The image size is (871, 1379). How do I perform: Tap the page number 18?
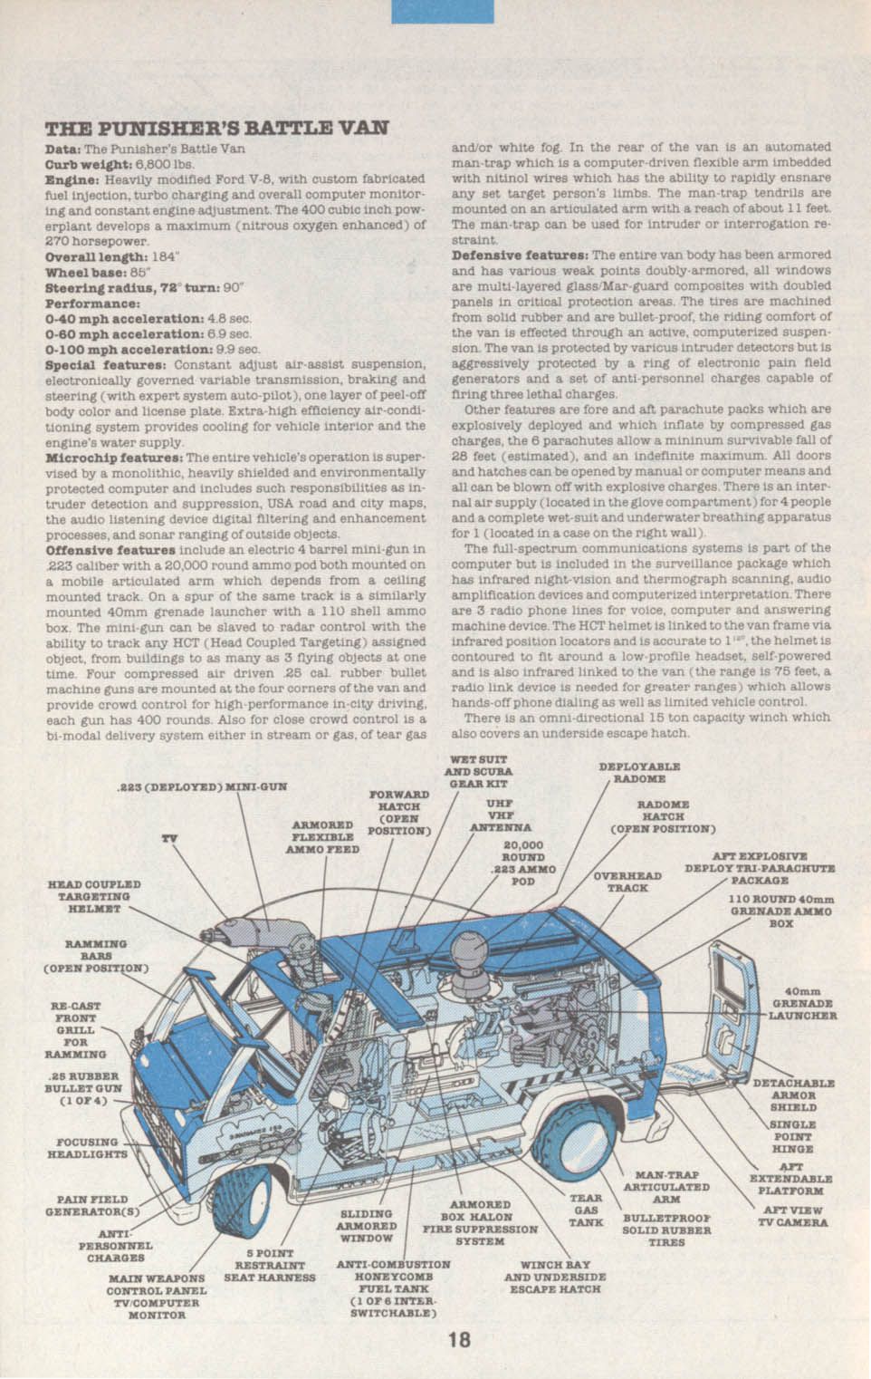[459, 1338]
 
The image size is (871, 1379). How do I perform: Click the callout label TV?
[168, 838]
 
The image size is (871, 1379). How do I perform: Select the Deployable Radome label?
[639, 772]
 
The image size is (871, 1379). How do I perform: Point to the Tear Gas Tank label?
[586, 1210]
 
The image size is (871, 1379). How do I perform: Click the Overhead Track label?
[627, 882]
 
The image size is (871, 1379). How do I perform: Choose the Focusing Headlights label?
[87, 1148]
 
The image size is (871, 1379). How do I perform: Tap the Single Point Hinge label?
[792, 1136]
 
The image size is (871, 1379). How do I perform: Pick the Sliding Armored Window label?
[367, 1225]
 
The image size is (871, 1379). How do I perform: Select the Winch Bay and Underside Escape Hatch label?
[555, 1277]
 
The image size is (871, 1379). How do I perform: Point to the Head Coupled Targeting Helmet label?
[94, 896]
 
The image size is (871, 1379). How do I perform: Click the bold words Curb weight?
[81, 165]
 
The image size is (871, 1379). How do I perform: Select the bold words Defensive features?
[520, 255]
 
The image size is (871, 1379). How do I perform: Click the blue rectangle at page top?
[442, 11]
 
